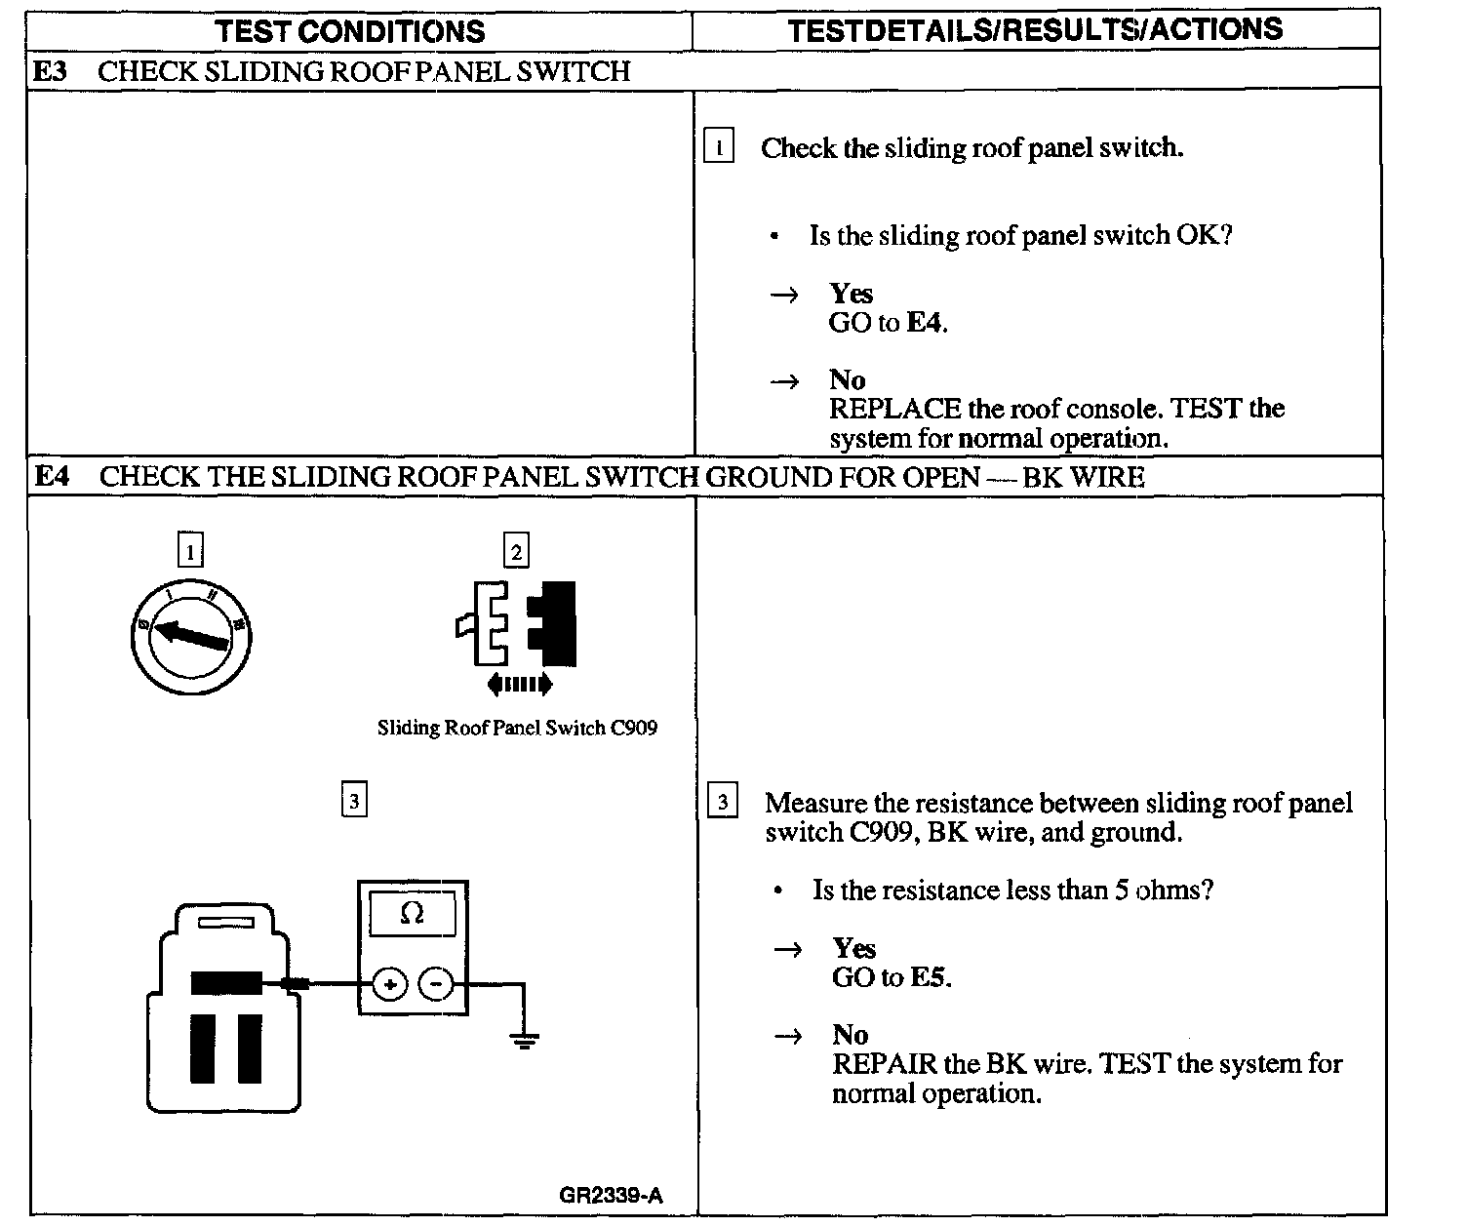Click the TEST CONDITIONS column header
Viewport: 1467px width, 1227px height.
351,31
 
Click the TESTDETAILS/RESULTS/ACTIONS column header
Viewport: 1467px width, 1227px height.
1035,29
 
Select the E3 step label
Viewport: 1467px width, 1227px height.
50,71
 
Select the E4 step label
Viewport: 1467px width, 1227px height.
51,476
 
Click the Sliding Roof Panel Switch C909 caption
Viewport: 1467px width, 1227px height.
517,728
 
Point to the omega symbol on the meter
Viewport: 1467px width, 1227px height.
413,914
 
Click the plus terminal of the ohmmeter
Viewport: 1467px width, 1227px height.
389,986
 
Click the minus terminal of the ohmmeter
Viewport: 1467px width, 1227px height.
436,986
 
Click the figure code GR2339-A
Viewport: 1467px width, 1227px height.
611,1196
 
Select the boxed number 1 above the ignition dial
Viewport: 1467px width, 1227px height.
190,552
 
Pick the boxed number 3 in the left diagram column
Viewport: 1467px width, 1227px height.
354,802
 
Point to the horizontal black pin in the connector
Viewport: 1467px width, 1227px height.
226,983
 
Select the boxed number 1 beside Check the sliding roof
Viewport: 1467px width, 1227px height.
719,148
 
